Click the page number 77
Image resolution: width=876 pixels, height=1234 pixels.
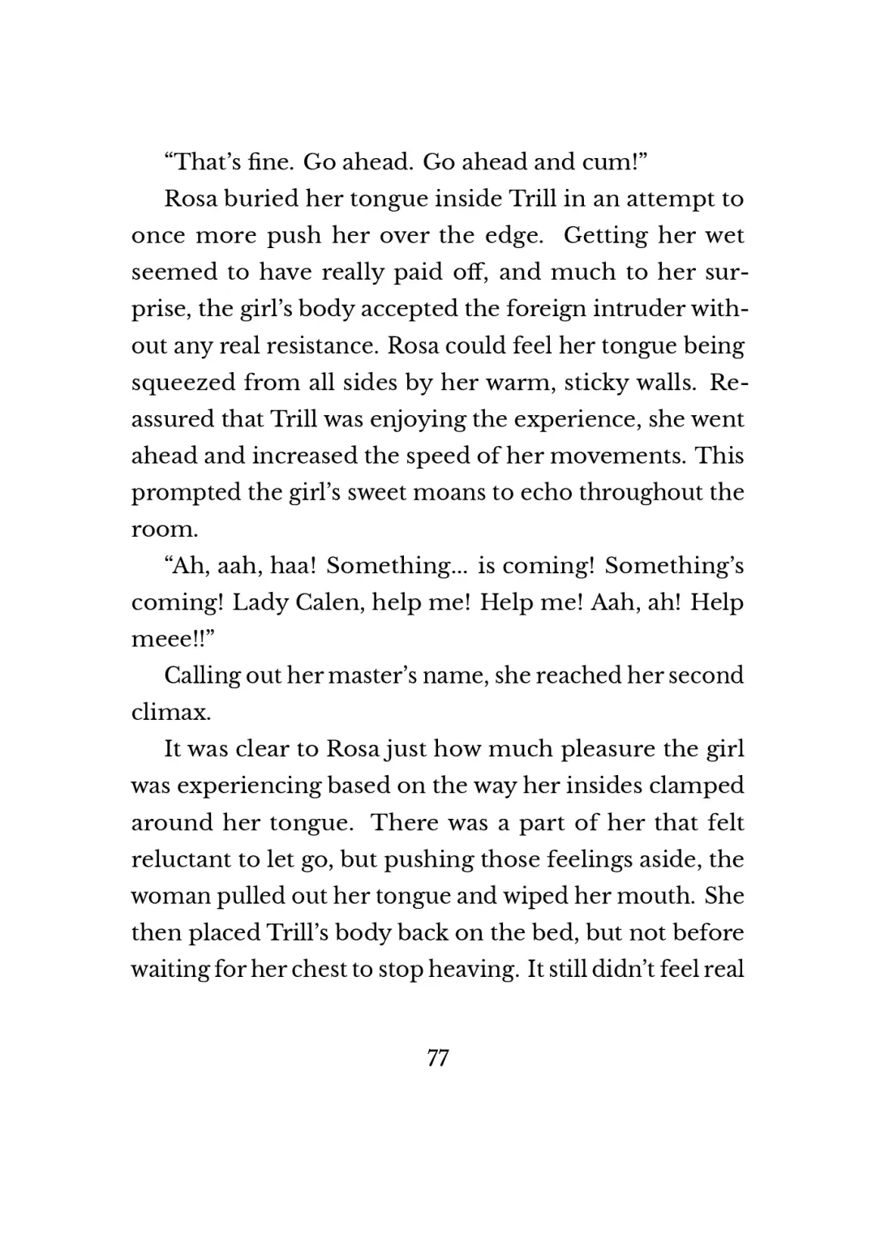pyautogui.click(x=437, y=1058)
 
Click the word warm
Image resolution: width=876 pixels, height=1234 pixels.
pyautogui.click(x=513, y=382)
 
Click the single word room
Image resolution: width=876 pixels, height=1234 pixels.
pyautogui.click(x=164, y=529)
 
